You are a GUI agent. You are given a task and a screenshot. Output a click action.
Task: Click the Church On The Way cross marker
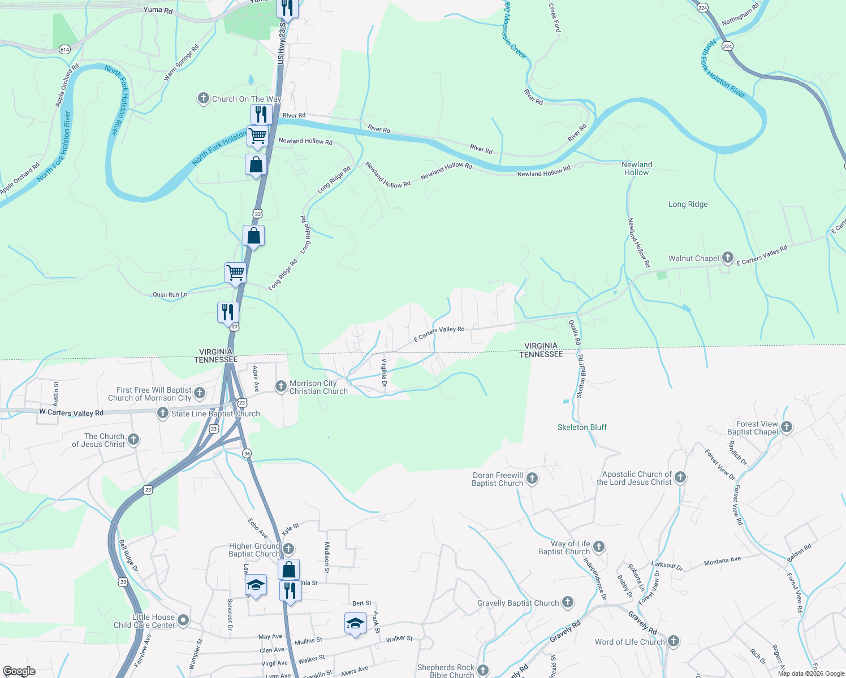click(x=203, y=99)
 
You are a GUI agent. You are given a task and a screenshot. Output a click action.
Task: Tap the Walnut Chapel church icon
click(x=727, y=258)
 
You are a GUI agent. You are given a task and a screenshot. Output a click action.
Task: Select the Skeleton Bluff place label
click(x=582, y=427)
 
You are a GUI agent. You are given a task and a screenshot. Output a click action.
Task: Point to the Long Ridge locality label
click(x=688, y=204)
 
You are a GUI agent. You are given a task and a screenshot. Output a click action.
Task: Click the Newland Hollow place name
click(x=637, y=168)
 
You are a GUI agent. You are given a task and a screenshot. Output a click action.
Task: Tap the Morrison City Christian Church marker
click(x=280, y=386)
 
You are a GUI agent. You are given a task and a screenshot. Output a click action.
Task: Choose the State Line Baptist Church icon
click(x=162, y=414)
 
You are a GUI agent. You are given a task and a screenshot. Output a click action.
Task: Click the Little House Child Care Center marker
click(x=183, y=620)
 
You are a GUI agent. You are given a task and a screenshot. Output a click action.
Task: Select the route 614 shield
click(x=64, y=50)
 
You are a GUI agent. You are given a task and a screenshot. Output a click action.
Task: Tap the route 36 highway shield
click(x=247, y=453)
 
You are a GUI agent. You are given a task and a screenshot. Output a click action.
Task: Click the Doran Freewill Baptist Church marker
click(x=532, y=479)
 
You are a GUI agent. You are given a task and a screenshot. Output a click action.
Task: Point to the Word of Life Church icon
click(x=673, y=641)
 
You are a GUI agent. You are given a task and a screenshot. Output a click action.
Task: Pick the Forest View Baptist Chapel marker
click(x=787, y=428)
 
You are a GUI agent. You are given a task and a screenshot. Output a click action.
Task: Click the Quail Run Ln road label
click(x=170, y=294)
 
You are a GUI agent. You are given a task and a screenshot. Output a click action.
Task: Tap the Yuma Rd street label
click(x=158, y=10)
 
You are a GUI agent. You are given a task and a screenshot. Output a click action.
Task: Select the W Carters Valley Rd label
click(x=71, y=412)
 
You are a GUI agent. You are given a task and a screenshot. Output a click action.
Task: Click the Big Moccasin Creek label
click(x=515, y=31)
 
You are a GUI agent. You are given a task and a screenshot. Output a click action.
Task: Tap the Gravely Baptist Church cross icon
click(x=568, y=603)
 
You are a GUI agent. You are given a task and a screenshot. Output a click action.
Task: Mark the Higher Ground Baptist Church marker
click(x=288, y=549)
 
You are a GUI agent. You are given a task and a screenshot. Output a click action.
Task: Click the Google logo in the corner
click(x=19, y=671)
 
